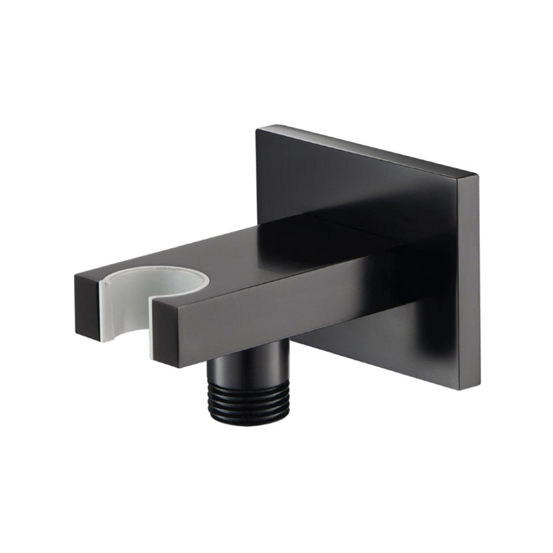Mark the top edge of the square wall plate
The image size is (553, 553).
pyautogui.click(x=366, y=149)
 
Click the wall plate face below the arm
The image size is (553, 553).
pyautogui.click(x=387, y=339)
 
